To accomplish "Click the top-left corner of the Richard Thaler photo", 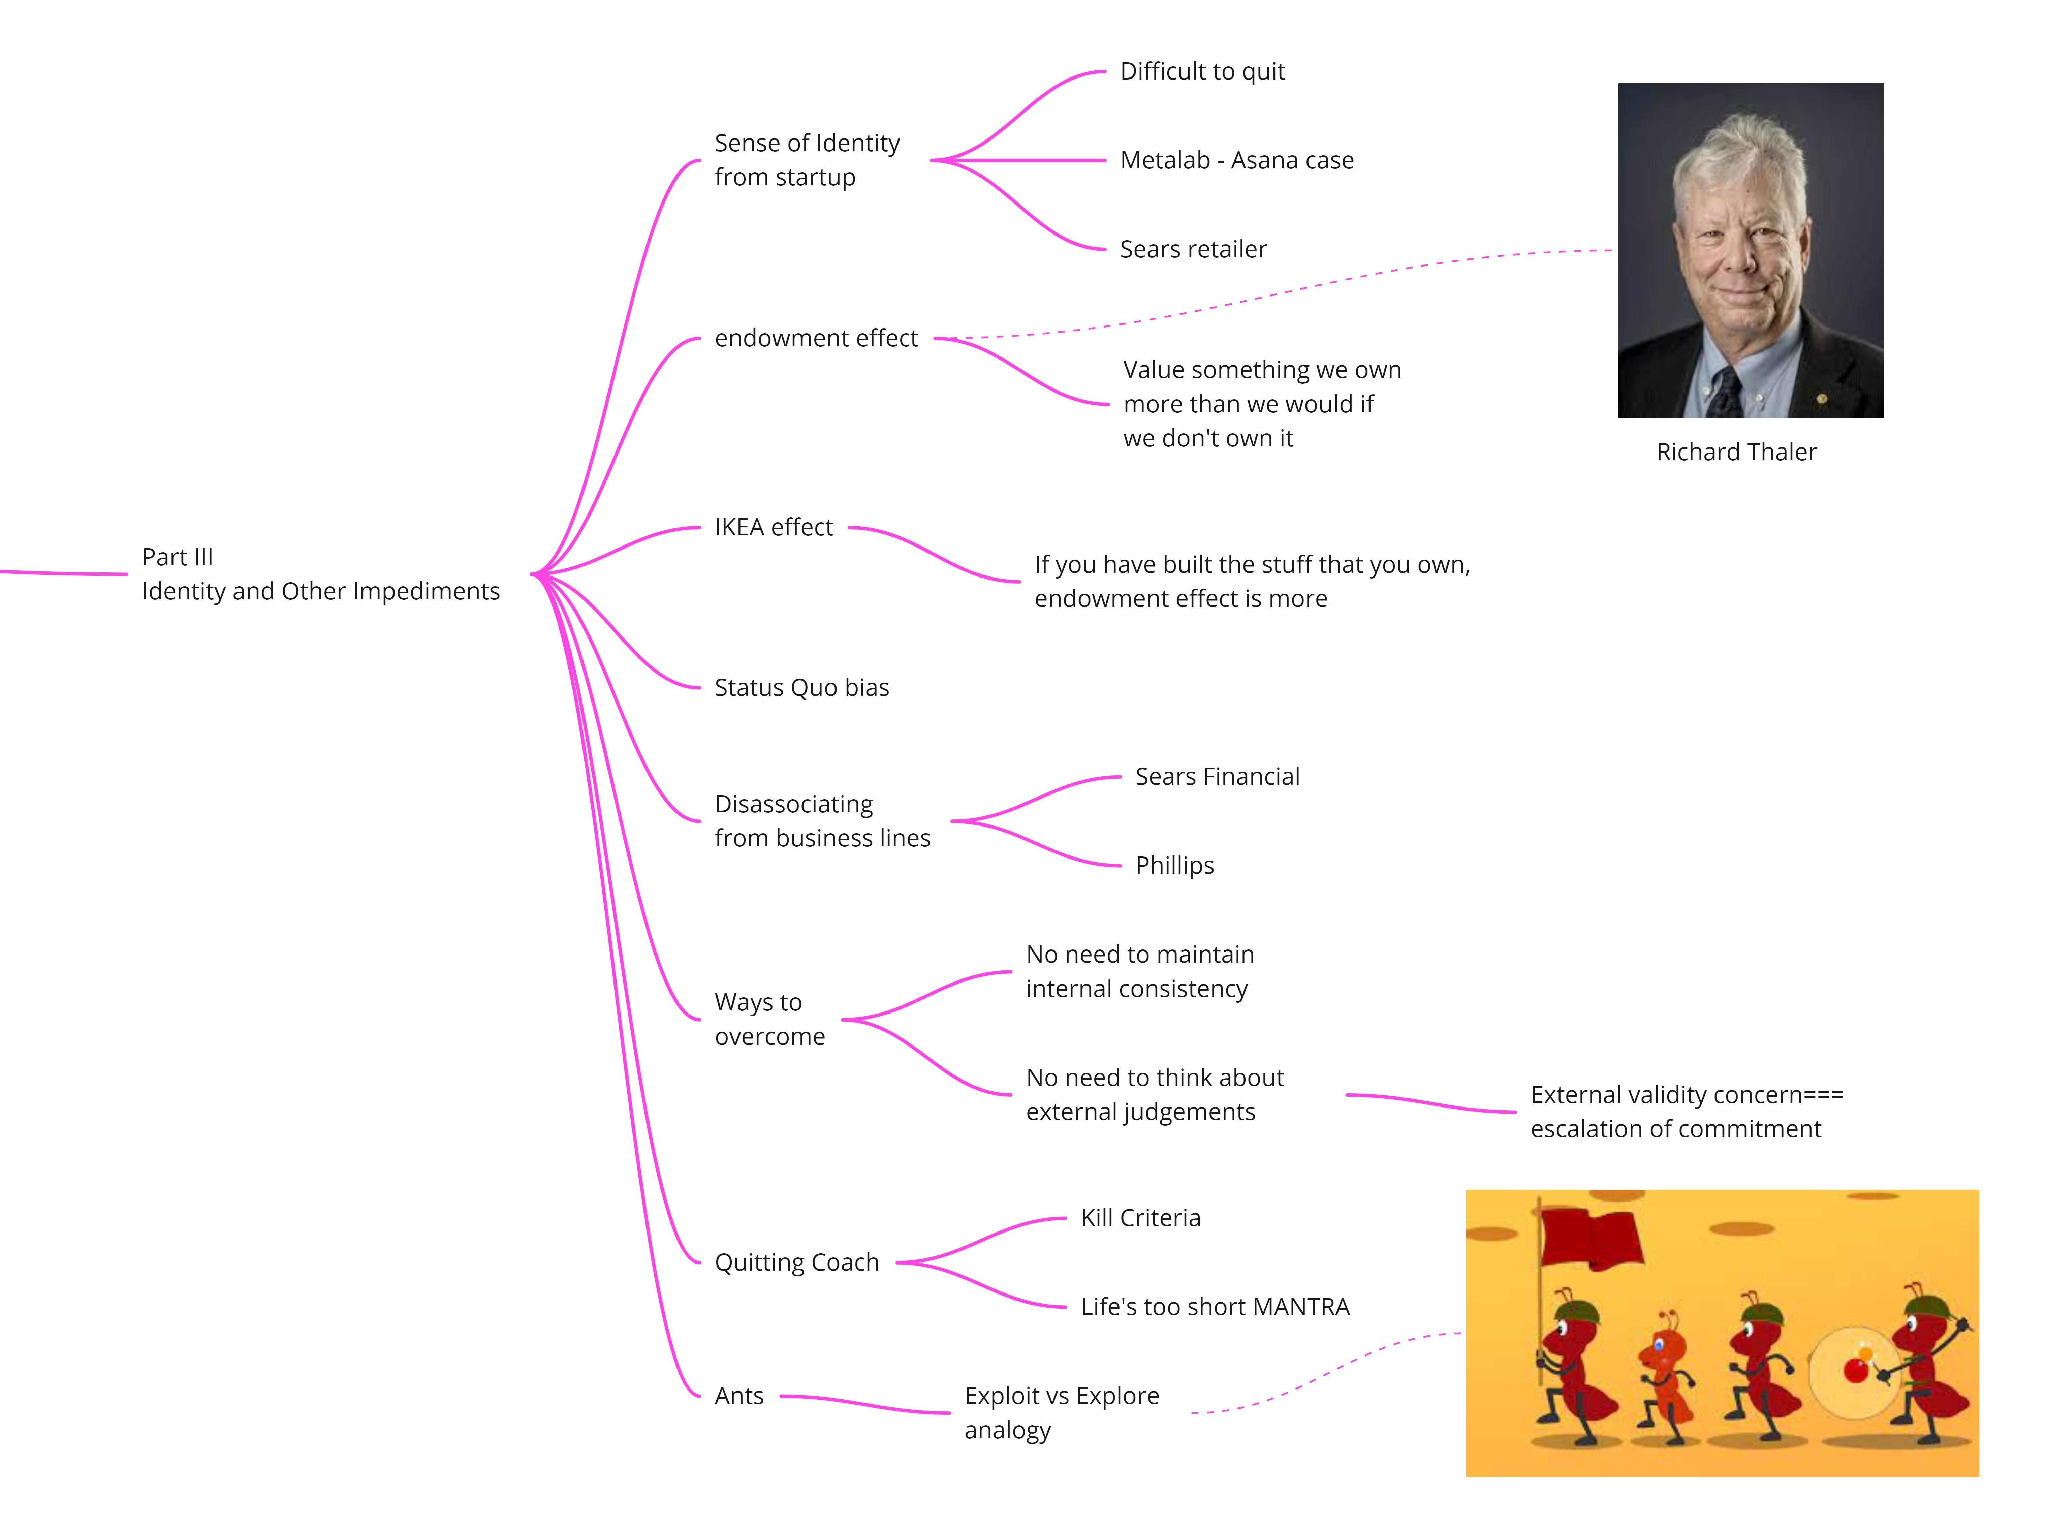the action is coord(1618,83).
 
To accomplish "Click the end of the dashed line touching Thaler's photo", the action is coord(1613,250).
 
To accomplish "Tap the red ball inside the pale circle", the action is coord(1856,1370).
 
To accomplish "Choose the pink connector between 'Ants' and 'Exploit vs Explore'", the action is coord(864,1404).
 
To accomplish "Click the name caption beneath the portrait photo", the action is coord(1736,452).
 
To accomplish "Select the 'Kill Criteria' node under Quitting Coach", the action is coord(1141,1218).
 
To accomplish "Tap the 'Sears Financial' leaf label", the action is coord(1218,777).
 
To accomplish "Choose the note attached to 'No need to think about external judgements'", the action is coord(1687,1112).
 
